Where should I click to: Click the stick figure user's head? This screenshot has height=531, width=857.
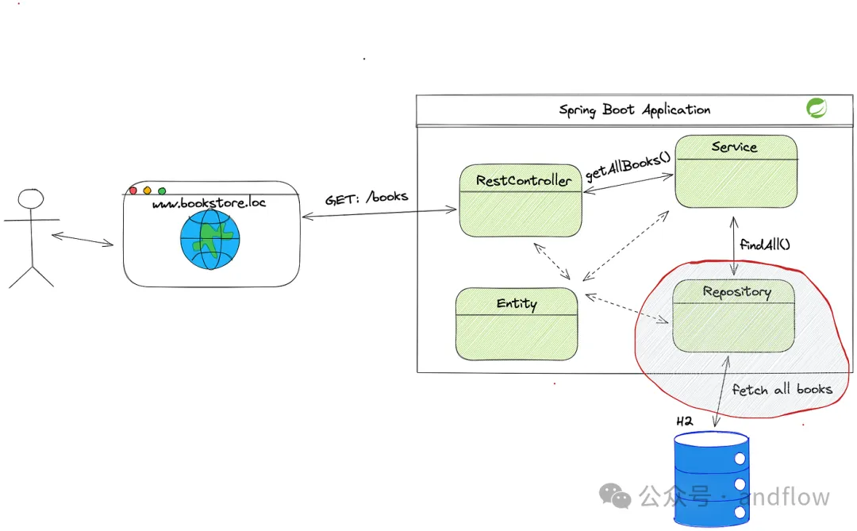(31, 199)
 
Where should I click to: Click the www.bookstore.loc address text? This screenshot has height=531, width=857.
(209, 202)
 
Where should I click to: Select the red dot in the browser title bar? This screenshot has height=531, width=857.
(133, 190)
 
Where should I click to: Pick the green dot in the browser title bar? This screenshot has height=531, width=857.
(162, 190)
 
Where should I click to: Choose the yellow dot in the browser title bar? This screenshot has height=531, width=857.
(148, 190)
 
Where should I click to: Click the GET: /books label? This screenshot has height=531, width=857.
(367, 197)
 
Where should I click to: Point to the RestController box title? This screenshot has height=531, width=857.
(523, 180)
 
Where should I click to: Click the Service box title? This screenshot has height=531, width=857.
(734, 147)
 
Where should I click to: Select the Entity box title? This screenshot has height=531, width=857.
(517, 303)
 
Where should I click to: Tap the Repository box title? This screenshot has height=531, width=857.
(736, 291)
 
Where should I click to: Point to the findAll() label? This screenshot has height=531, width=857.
(765, 244)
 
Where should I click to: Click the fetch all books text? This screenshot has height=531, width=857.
(782, 389)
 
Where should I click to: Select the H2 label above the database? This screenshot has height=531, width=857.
(684, 420)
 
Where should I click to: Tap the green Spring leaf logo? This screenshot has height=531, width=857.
(816, 108)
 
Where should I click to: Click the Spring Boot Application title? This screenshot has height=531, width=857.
(635, 110)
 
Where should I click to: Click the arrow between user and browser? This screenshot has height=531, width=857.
(83, 238)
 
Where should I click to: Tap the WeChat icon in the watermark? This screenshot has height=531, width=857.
(615, 497)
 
